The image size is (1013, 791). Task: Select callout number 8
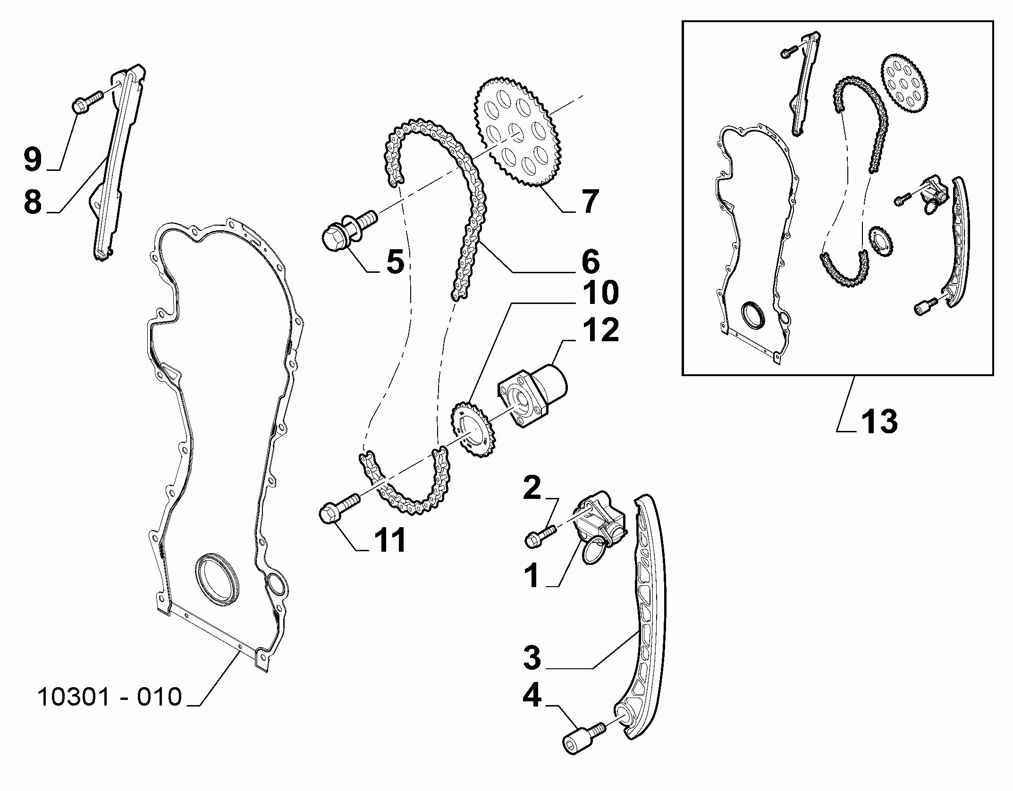(x=33, y=202)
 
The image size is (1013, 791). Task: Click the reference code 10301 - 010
(x=109, y=697)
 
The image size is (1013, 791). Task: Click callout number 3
(x=532, y=657)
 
